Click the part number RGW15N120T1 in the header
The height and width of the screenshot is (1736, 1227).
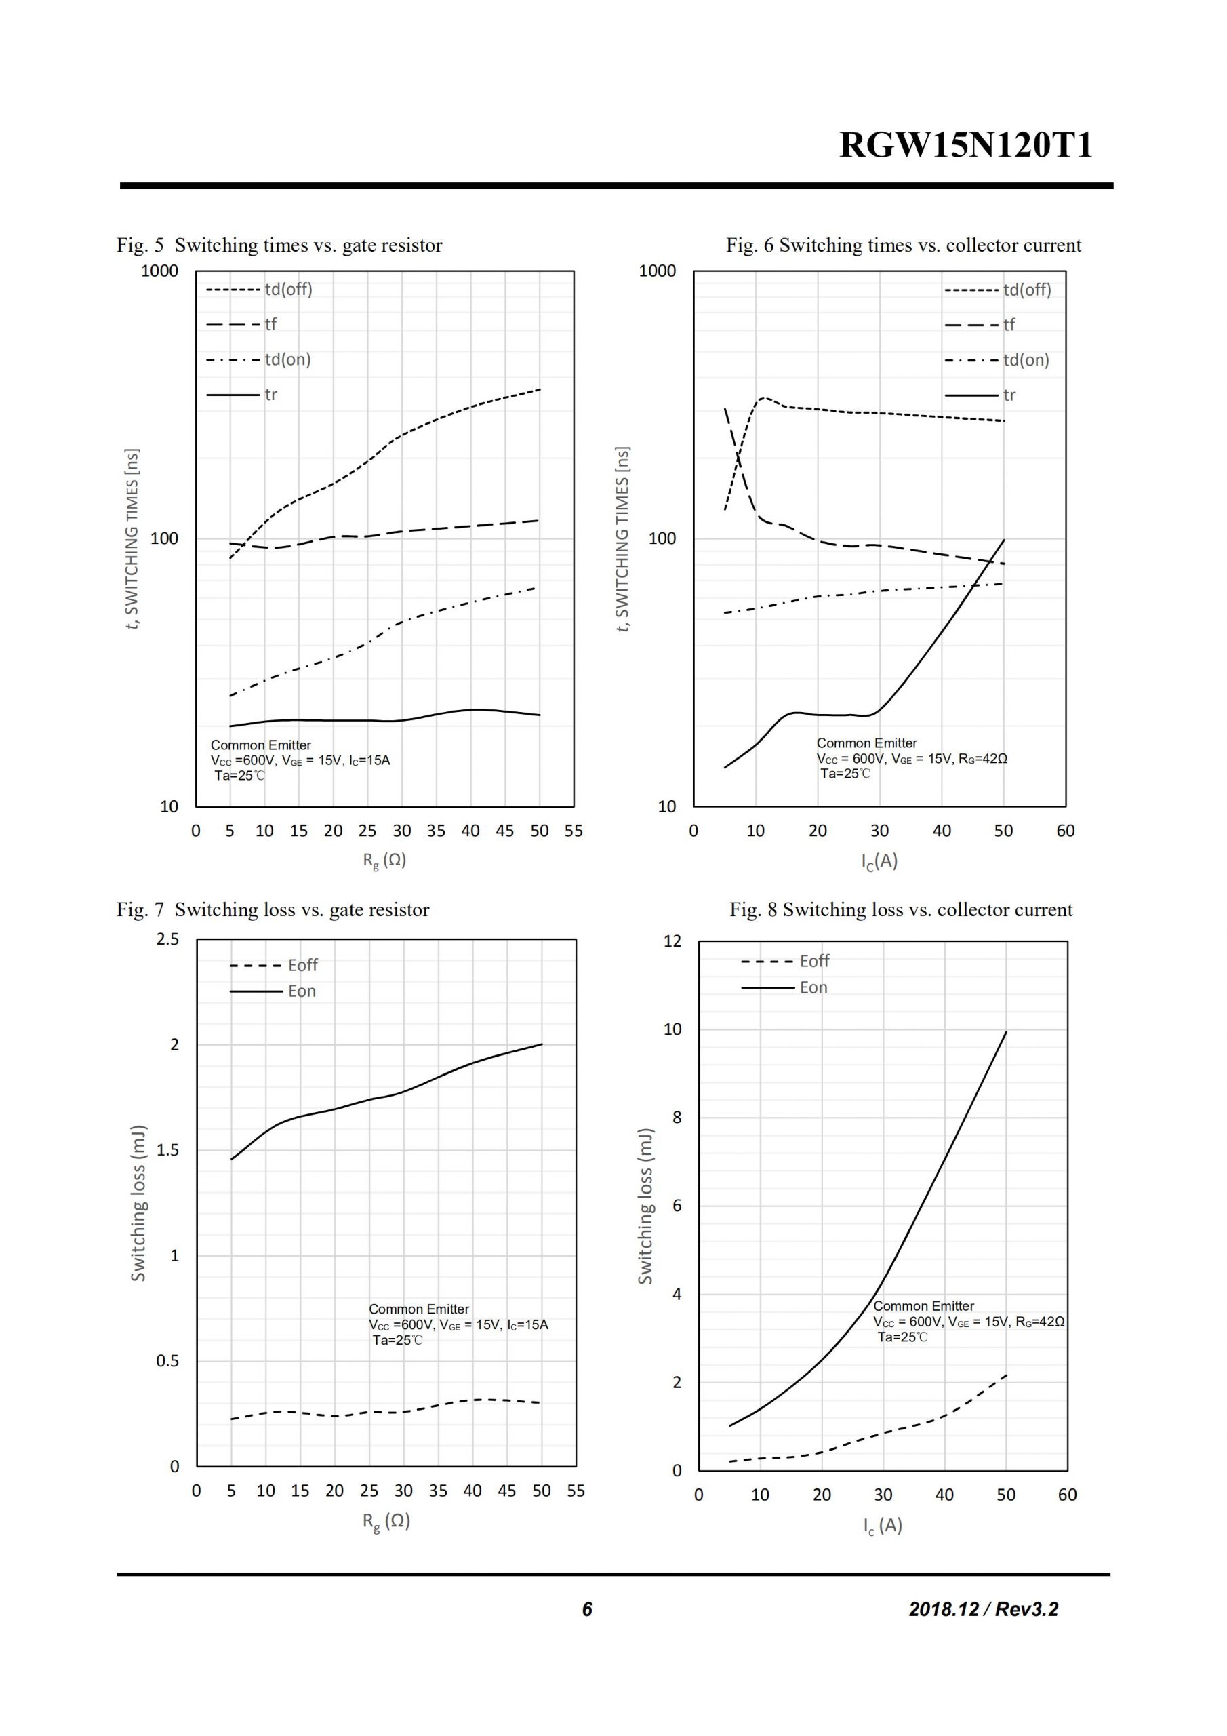[965, 145]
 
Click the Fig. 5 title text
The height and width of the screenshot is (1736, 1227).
[279, 245]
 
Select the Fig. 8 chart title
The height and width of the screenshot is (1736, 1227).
[900, 909]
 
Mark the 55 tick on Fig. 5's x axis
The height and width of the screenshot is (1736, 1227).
[574, 831]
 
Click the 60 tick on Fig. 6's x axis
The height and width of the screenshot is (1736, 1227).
[1065, 831]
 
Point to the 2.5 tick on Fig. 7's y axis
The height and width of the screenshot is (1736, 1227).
[168, 939]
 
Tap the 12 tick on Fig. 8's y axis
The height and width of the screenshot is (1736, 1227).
[672, 941]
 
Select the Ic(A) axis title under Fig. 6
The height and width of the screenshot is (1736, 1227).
[879, 861]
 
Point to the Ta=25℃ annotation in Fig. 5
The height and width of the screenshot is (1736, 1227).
[240, 775]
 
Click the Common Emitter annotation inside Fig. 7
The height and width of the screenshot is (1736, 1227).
[419, 1309]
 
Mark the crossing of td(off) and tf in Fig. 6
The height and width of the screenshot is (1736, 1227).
[738, 454]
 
